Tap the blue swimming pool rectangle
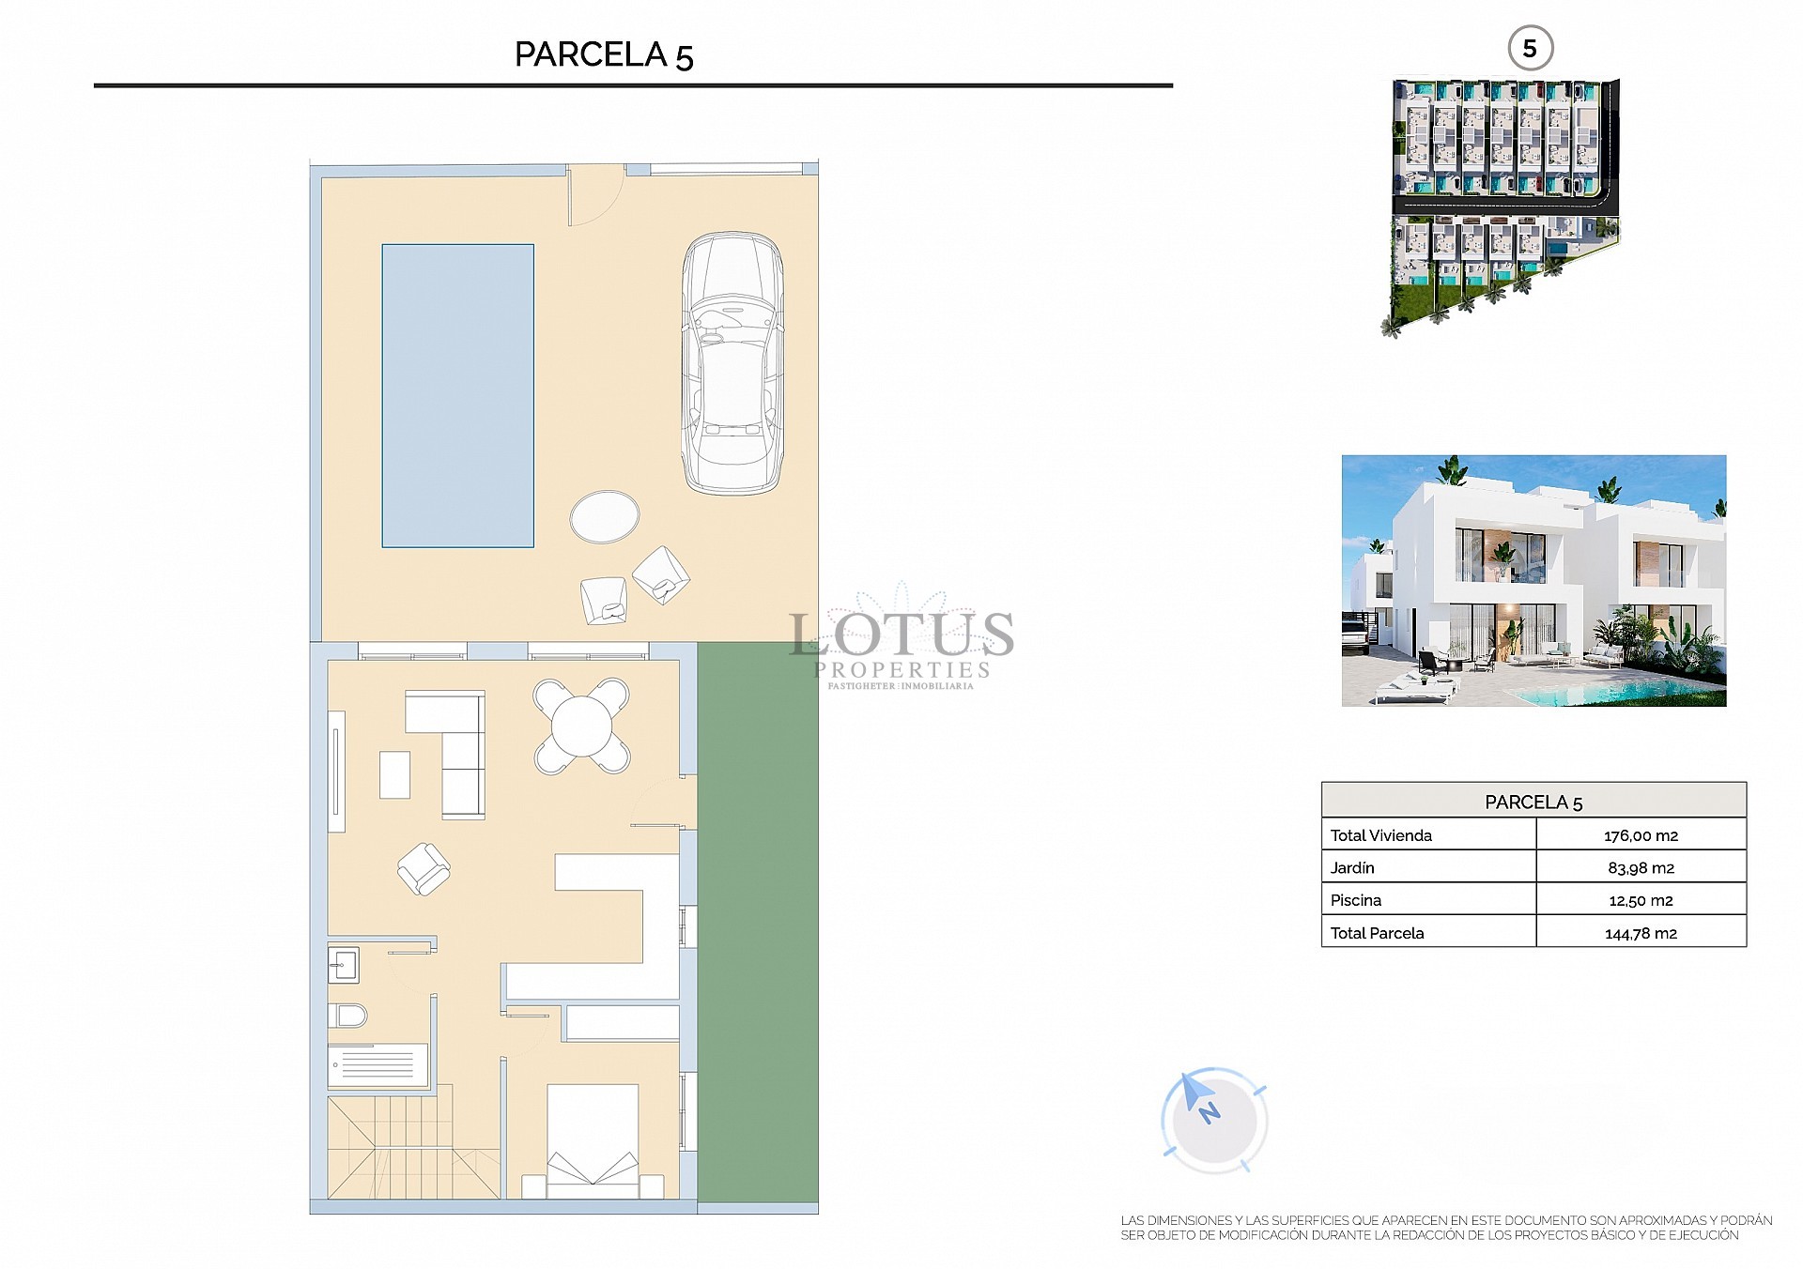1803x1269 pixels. tap(457, 395)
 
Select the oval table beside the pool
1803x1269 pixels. tap(605, 516)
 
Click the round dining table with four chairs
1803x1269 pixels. tap(581, 726)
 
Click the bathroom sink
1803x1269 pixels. tap(343, 964)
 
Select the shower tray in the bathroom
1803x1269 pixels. tap(378, 1065)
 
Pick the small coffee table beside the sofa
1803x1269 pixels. tap(394, 774)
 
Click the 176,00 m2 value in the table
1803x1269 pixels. tap(1641, 835)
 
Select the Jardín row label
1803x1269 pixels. tap(1352, 868)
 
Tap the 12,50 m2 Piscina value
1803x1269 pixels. tap(1641, 900)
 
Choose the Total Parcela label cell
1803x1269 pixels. tap(1378, 933)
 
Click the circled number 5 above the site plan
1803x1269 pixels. tap(1530, 49)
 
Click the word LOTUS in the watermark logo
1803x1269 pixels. tap(901, 634)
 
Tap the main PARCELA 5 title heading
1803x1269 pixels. tap(604, 54)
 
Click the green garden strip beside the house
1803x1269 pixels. tap(758, 920)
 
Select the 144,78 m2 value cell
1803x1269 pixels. tap(1641, 933)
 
